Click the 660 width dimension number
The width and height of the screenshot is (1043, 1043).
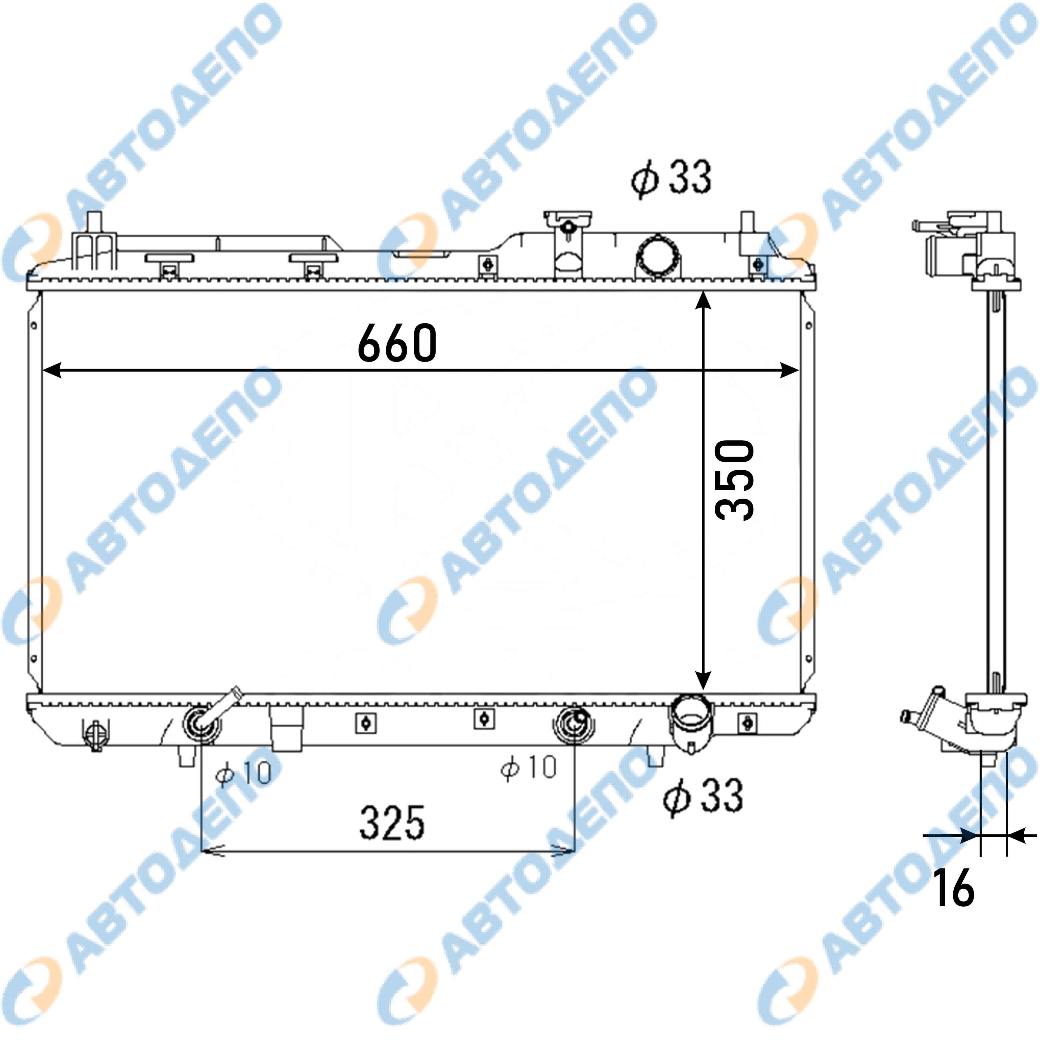pos(397,343)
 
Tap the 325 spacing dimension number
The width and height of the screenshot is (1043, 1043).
pos(393,823)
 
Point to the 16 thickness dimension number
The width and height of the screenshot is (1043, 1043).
pos(955,888)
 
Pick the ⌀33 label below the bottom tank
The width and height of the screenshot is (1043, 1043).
pos(703,796)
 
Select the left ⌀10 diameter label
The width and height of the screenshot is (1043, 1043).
pos(243,773)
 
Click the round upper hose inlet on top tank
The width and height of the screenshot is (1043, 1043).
pos(659,257)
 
